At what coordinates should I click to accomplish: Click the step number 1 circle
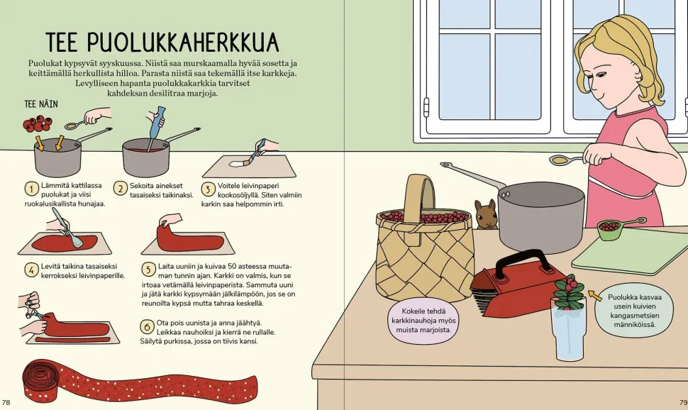[x=32, y=189]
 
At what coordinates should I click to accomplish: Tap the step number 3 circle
[x=208, y=189]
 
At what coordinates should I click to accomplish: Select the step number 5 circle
[x=148, y=270]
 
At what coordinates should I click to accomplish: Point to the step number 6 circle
[x=147, y=326]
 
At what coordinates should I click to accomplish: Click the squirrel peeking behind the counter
[x=486, y=214]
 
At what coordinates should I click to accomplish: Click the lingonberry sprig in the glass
[x=569, y=292]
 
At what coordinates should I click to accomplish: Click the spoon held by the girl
[x=569, y=160]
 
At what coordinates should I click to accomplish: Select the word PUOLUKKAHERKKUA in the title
[x=182, y=42]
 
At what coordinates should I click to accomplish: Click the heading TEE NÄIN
[x=41, y=104]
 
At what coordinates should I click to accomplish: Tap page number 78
[x=6, y=402]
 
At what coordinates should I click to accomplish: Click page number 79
[x=683, y=402]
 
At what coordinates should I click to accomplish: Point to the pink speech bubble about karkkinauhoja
[x=423, y=321]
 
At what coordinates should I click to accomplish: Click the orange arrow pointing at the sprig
[x=594, y=295]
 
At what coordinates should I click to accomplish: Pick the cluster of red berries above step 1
[x=38, y=124]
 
